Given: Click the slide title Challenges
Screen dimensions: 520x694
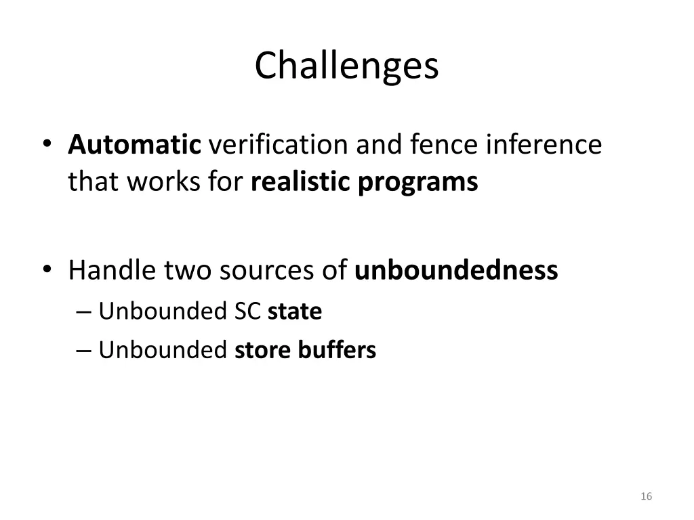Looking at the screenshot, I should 346,66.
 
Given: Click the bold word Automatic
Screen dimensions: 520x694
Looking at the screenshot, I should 134,144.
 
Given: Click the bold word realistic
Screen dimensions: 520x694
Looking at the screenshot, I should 300,182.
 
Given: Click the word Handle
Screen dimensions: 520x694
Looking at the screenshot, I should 111,270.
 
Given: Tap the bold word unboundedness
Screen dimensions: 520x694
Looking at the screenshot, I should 456,270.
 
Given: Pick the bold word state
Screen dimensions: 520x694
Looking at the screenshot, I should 294,311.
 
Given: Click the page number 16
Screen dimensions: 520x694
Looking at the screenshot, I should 646,496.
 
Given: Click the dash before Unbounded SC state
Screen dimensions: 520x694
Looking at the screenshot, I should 83,312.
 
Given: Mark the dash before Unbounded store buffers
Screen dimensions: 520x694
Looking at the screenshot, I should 83,351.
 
